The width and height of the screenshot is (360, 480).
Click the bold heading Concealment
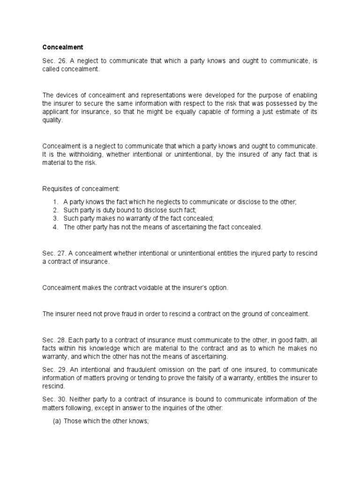[x=62, y=47]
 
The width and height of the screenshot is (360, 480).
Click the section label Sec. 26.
[x=52, y=61]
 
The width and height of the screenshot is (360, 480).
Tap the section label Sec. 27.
[x=52, y=254]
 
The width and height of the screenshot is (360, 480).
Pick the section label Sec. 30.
[x=52, y=399]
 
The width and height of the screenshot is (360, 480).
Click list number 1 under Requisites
[x=55, y=201]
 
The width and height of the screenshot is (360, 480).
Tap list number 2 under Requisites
[x=55, y=210]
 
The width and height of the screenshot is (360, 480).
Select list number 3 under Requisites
[x=55, y=218]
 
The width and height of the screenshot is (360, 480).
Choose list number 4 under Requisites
[x=55, y=227]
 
